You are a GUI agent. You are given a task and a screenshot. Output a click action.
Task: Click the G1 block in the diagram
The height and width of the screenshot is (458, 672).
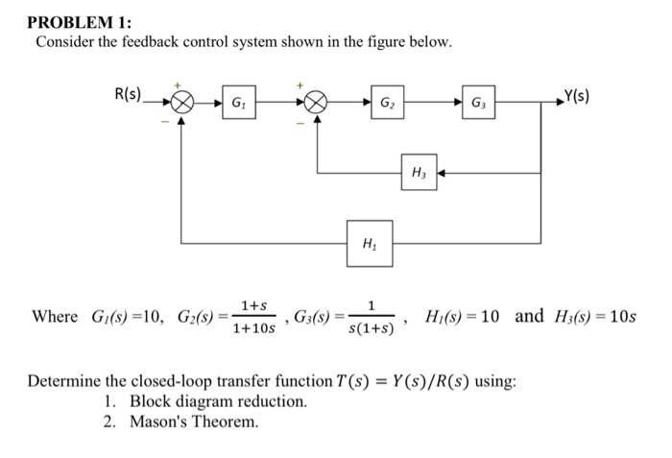click(x=237, y=101)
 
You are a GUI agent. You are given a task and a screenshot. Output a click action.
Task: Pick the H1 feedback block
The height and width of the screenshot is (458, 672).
click(x=369, y=244)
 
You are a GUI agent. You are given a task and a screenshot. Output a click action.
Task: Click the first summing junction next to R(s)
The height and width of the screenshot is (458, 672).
click(x=182, y=101)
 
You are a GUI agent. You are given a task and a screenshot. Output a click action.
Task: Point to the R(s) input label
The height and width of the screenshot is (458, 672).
click(x=128, y=94)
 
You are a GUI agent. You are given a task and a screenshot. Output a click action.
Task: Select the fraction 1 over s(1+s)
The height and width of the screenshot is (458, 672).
click(x=371, y=317)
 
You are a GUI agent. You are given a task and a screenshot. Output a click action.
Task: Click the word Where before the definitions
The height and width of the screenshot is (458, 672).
click(x=56, y=317)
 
